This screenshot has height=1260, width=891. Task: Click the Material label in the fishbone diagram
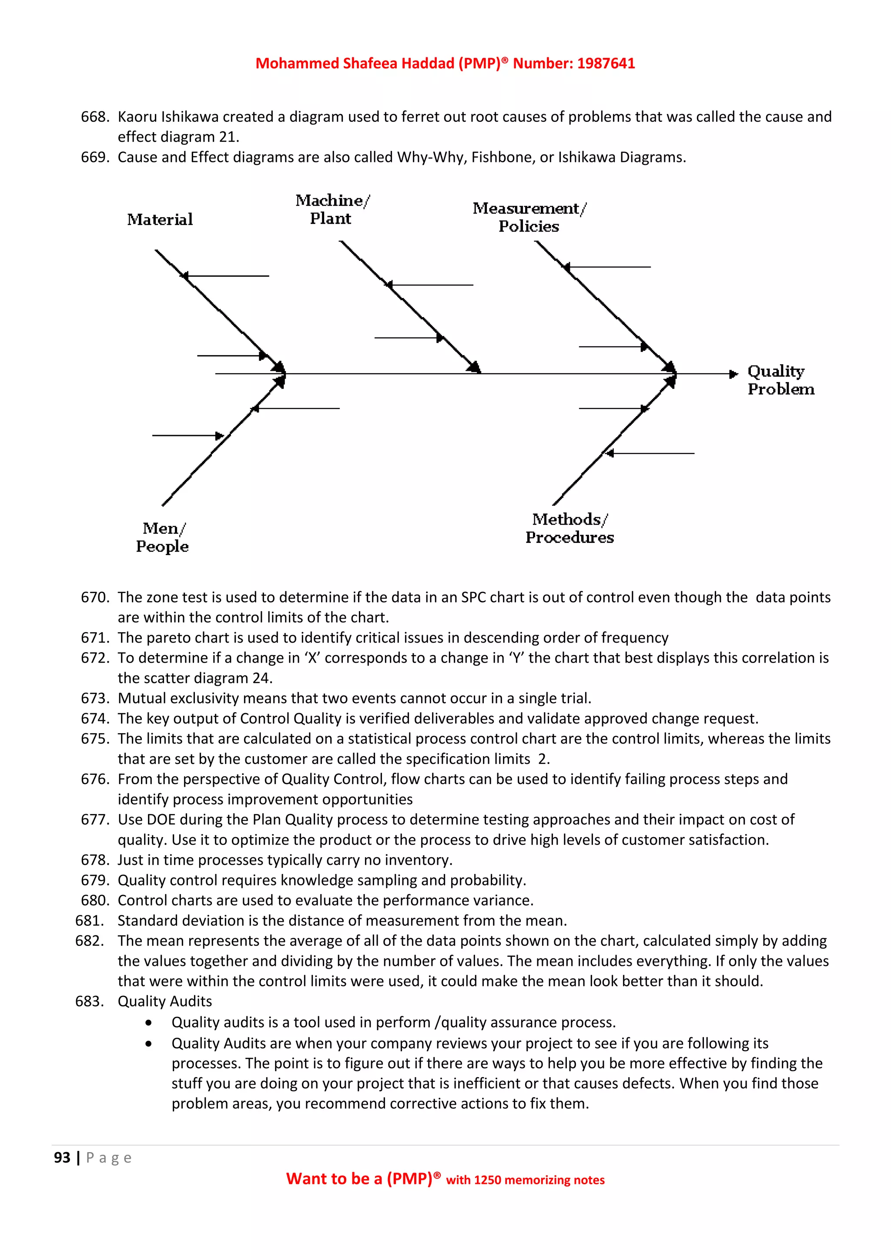160,220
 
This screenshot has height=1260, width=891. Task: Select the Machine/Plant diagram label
332,209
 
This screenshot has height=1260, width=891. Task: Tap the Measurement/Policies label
529,217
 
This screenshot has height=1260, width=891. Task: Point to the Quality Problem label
780,380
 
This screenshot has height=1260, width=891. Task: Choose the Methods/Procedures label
569,528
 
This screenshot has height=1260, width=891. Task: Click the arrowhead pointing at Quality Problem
734,374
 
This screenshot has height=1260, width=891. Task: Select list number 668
94,117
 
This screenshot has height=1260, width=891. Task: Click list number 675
94,739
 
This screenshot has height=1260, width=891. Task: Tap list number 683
89,1001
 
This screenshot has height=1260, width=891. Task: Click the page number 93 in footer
62,1157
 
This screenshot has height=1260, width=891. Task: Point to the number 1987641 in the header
606,64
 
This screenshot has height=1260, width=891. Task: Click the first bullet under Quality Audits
149,1023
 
